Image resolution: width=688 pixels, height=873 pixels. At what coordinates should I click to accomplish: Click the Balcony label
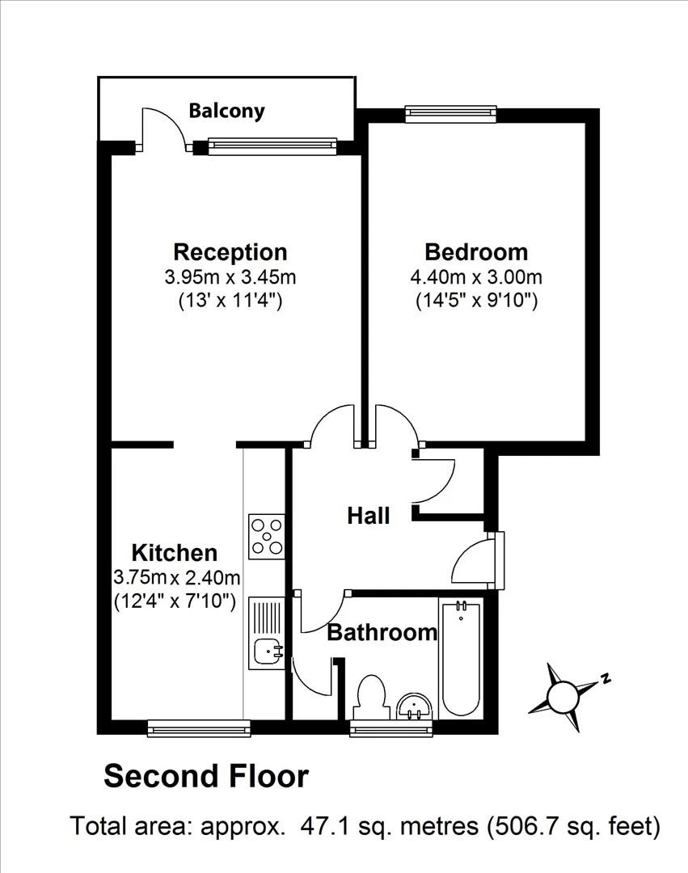226,111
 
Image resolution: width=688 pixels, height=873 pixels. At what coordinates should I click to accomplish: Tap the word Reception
230,251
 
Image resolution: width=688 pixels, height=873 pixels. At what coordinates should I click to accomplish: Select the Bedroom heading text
476,251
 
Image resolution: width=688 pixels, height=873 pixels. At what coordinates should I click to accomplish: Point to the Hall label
369,515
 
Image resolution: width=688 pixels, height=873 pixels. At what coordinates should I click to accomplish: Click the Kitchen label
175,553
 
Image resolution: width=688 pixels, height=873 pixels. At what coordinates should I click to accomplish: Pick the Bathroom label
382,632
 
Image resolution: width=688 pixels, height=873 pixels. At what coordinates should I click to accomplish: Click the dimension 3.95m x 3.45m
230,277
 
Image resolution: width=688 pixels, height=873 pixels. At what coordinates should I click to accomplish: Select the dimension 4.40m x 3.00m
476,277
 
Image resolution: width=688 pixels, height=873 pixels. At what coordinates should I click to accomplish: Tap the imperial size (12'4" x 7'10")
175,601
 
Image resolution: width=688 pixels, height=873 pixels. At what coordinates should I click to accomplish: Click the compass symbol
563,694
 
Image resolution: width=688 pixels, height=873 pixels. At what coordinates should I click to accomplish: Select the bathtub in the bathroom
461,656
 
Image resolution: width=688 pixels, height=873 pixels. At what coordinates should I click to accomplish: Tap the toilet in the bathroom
371,696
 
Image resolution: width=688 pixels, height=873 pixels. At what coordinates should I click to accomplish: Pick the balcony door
164,129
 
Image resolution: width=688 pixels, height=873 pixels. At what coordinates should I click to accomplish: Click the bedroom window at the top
450,112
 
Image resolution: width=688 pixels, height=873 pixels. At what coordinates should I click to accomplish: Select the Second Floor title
206,777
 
